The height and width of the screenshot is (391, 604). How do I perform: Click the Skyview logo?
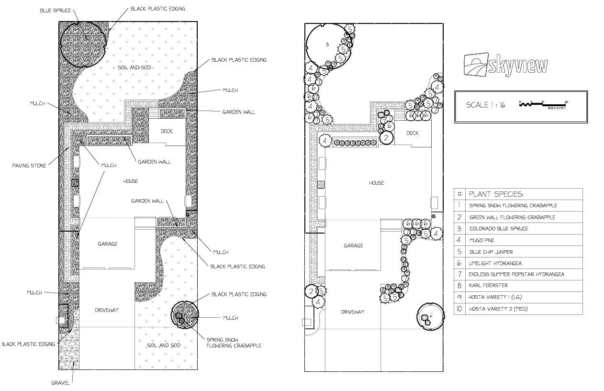pos(505,65)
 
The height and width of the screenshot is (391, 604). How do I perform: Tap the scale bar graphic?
pos(543,104)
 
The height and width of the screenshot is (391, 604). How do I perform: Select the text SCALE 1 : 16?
pos(485,105)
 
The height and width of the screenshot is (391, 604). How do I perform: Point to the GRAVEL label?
pos(61,383)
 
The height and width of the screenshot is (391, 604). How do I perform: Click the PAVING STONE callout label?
pos(29,166)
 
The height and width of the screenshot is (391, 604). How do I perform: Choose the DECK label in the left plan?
pos(167,131)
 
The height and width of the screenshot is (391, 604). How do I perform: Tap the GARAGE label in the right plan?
pos(353,246)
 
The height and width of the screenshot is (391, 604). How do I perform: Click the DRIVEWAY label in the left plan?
pos(106,310)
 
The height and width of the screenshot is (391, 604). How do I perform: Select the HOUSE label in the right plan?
pos(376,183)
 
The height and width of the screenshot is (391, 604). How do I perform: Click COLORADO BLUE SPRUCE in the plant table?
pos(498,229)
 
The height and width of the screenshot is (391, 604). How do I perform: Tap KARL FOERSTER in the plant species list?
pos(488,286)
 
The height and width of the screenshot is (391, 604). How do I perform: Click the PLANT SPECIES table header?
pos(496,194)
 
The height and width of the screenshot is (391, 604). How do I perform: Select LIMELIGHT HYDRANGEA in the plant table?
pos(495,263)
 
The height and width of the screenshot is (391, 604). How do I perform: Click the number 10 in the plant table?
pos(459,309)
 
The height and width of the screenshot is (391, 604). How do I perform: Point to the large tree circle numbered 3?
pos(327,45)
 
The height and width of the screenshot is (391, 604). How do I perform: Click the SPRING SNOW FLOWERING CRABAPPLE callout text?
pos(234,342)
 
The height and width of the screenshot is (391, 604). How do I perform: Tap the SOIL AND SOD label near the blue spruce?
pos(134,67)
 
